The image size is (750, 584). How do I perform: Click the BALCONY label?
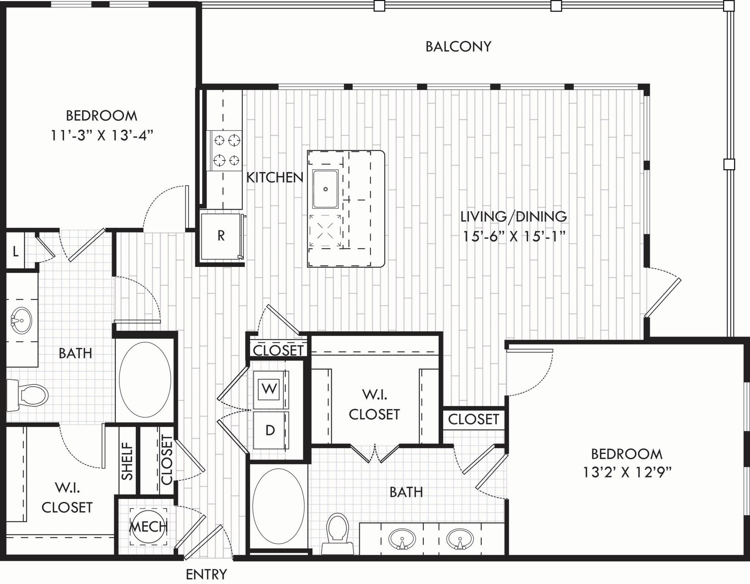pos(458,47)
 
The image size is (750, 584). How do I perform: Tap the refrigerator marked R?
pos(221,236)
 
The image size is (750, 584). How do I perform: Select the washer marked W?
pos(270,389)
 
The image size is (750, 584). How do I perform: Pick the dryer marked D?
pos(270,430)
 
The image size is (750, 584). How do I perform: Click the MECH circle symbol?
pos(148,527)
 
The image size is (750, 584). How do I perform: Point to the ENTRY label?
pos(206,574)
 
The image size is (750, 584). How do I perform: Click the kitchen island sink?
pos(325,189)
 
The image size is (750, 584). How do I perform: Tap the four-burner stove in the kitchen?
pos(224,150)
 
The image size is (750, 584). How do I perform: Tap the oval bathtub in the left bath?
pos(145,379)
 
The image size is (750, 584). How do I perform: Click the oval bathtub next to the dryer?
pos(278,506)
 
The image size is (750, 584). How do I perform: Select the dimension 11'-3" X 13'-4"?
pos(101,136)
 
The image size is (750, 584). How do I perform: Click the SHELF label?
pos(127,461)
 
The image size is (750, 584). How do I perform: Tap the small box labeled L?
pos(15,252)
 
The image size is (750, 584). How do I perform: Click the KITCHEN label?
pos(275,178)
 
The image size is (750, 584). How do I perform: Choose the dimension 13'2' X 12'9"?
pos(627,473)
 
